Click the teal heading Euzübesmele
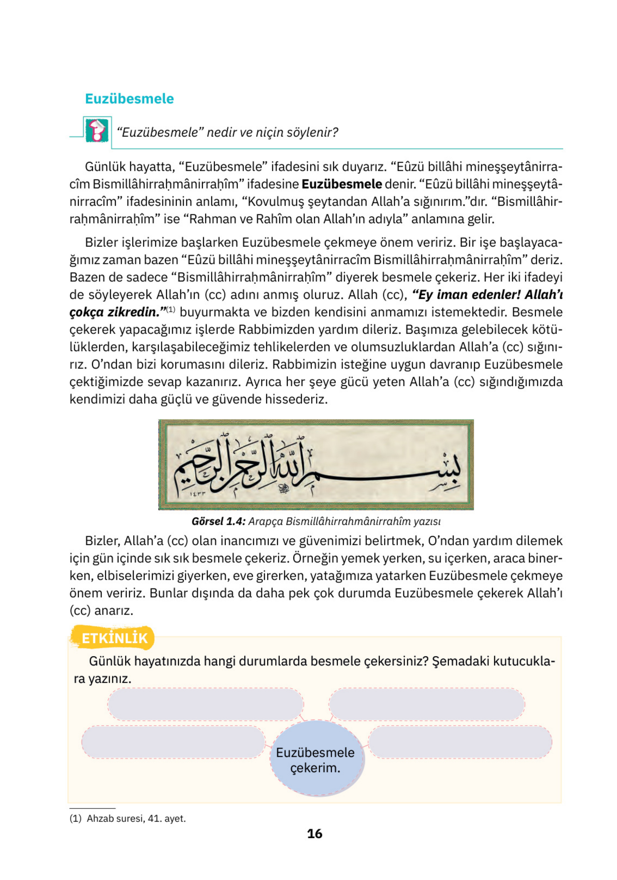(129, 98)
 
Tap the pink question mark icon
(96, 130)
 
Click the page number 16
(314, 834)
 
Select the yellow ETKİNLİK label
(114, 638)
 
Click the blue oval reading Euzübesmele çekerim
(315, 760)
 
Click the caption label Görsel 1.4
(218, 521)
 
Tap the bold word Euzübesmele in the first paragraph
(342, 184)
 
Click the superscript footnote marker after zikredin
(171, 309)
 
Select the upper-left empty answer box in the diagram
(205, 704)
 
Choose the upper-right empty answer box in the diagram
(426, 704)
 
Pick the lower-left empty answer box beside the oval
(173, 742)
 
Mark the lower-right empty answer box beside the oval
(460, 742)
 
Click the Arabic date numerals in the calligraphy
(197, 494)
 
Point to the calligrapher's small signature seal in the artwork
(284, 488)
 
